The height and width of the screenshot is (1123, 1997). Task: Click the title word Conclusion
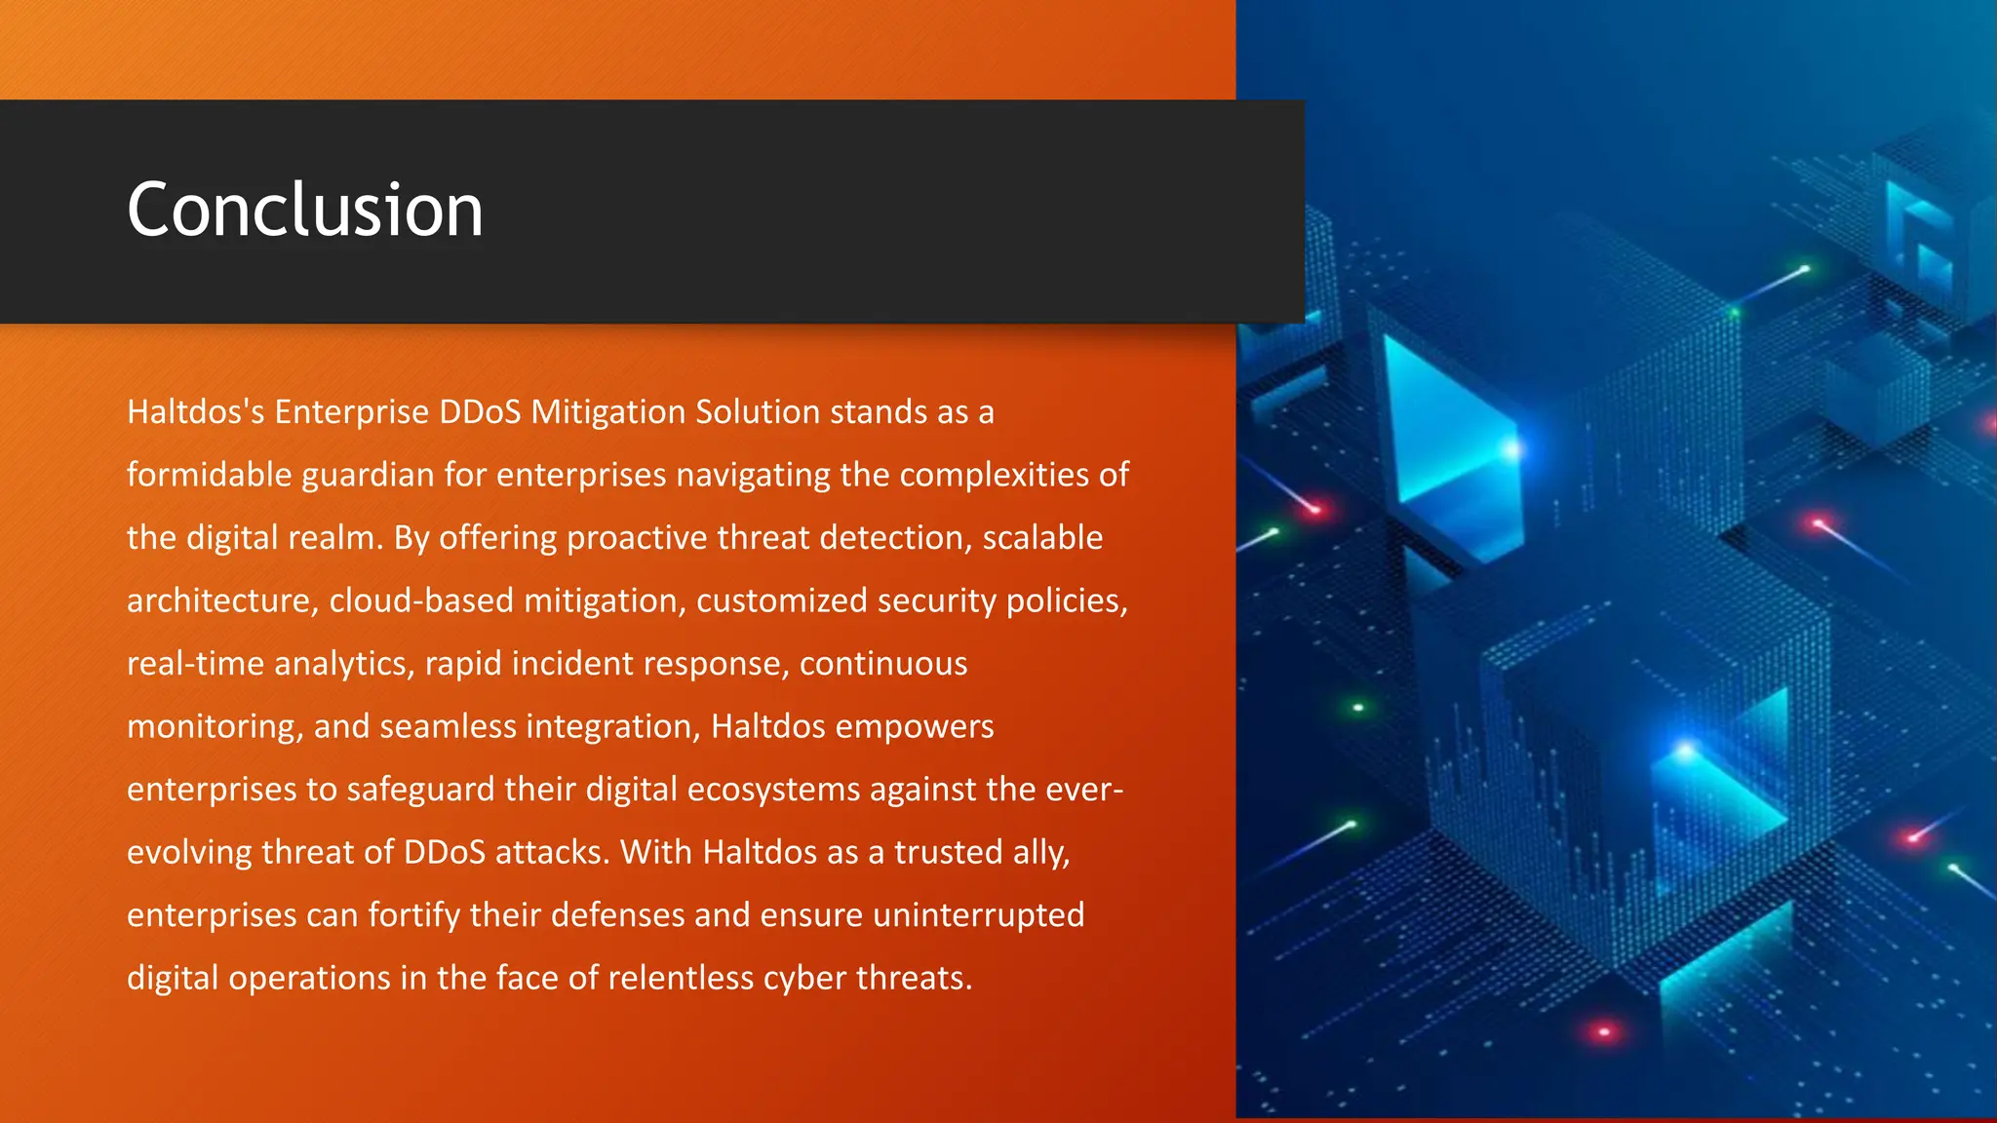tap(305, 210)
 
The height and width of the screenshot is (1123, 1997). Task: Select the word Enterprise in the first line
tap(351, 412)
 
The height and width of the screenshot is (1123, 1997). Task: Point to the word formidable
tap(210, 475)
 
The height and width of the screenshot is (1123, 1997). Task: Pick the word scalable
tap(1042, 538)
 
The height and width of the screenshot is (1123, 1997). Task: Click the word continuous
tap(883, 664)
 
